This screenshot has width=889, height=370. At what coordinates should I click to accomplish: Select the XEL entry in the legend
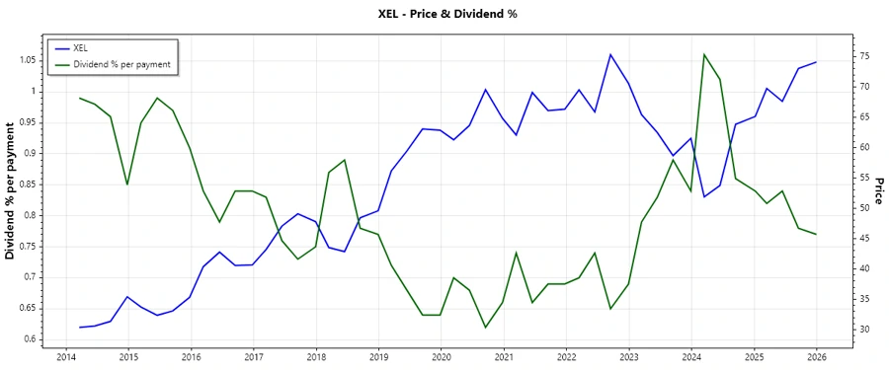click(x=81, y=47)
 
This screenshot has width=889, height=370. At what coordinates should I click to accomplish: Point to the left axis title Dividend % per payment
click(x=11, y=190)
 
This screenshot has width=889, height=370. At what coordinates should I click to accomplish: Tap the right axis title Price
click(x=877, y=191)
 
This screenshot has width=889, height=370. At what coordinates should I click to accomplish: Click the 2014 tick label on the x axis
click(x=65, y=356)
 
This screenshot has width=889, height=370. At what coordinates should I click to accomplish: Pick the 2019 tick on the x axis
click(x=379, y=356)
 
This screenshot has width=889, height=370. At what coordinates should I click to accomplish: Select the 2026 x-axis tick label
click(x=816, y=356)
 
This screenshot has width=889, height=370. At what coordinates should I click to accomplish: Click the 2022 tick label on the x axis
click(x=566, y=356)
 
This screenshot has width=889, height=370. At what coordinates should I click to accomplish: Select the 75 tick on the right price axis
click(x=836, y=56)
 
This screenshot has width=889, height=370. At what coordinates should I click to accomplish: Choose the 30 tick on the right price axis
click(x=836, y=329)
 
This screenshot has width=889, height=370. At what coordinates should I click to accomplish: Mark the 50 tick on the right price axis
click(x=836, y=207)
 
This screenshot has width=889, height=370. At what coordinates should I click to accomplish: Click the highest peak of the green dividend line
click(x=704, y=54)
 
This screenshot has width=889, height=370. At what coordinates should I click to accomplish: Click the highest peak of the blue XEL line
click(x=610, y=54)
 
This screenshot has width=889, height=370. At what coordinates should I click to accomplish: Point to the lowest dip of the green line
click(x=485, y=328)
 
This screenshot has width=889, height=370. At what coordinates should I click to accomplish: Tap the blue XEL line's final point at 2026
click(x=816, y=62)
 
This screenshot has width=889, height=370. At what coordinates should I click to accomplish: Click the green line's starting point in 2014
click(x=80, y=98)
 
